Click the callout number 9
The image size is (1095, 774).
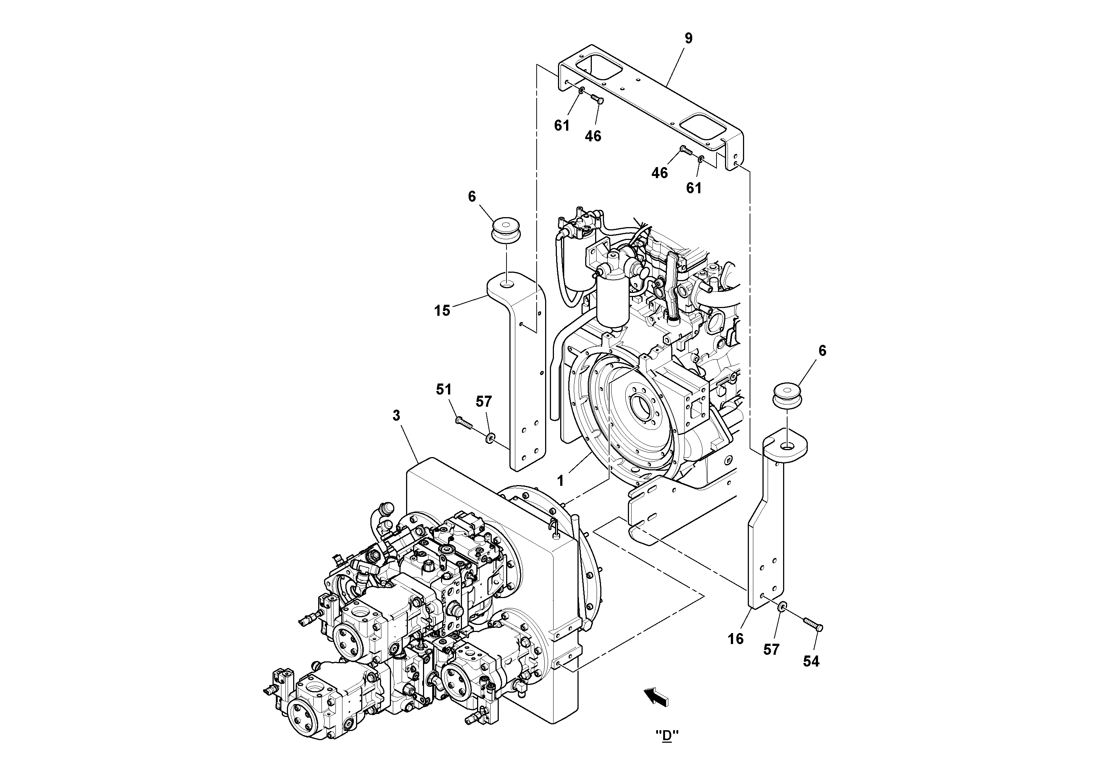pos(688,39)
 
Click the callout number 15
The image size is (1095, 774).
pos(442,311)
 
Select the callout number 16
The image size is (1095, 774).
pos(735,639)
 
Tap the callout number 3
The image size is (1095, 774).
pos(396,416)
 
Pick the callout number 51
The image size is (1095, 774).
pos(444,390)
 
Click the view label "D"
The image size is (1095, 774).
pos(667,735)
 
